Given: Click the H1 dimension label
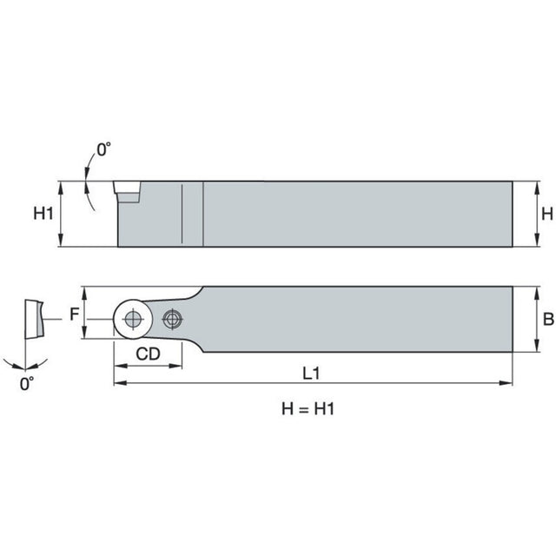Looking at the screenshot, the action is pos(43,214).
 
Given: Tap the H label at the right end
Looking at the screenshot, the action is pos(547,214).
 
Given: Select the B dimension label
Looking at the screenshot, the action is pos(548,319).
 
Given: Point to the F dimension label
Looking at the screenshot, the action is pos(74,314).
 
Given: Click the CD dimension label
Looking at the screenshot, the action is pos(148,354).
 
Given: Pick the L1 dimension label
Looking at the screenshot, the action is pos(311,374).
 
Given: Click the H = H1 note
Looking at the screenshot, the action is pos(308,409).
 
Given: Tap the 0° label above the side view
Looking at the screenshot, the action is pos(104,149).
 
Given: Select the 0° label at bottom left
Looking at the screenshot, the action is pos(27,384).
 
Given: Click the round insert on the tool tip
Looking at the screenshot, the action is pos(133,319).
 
